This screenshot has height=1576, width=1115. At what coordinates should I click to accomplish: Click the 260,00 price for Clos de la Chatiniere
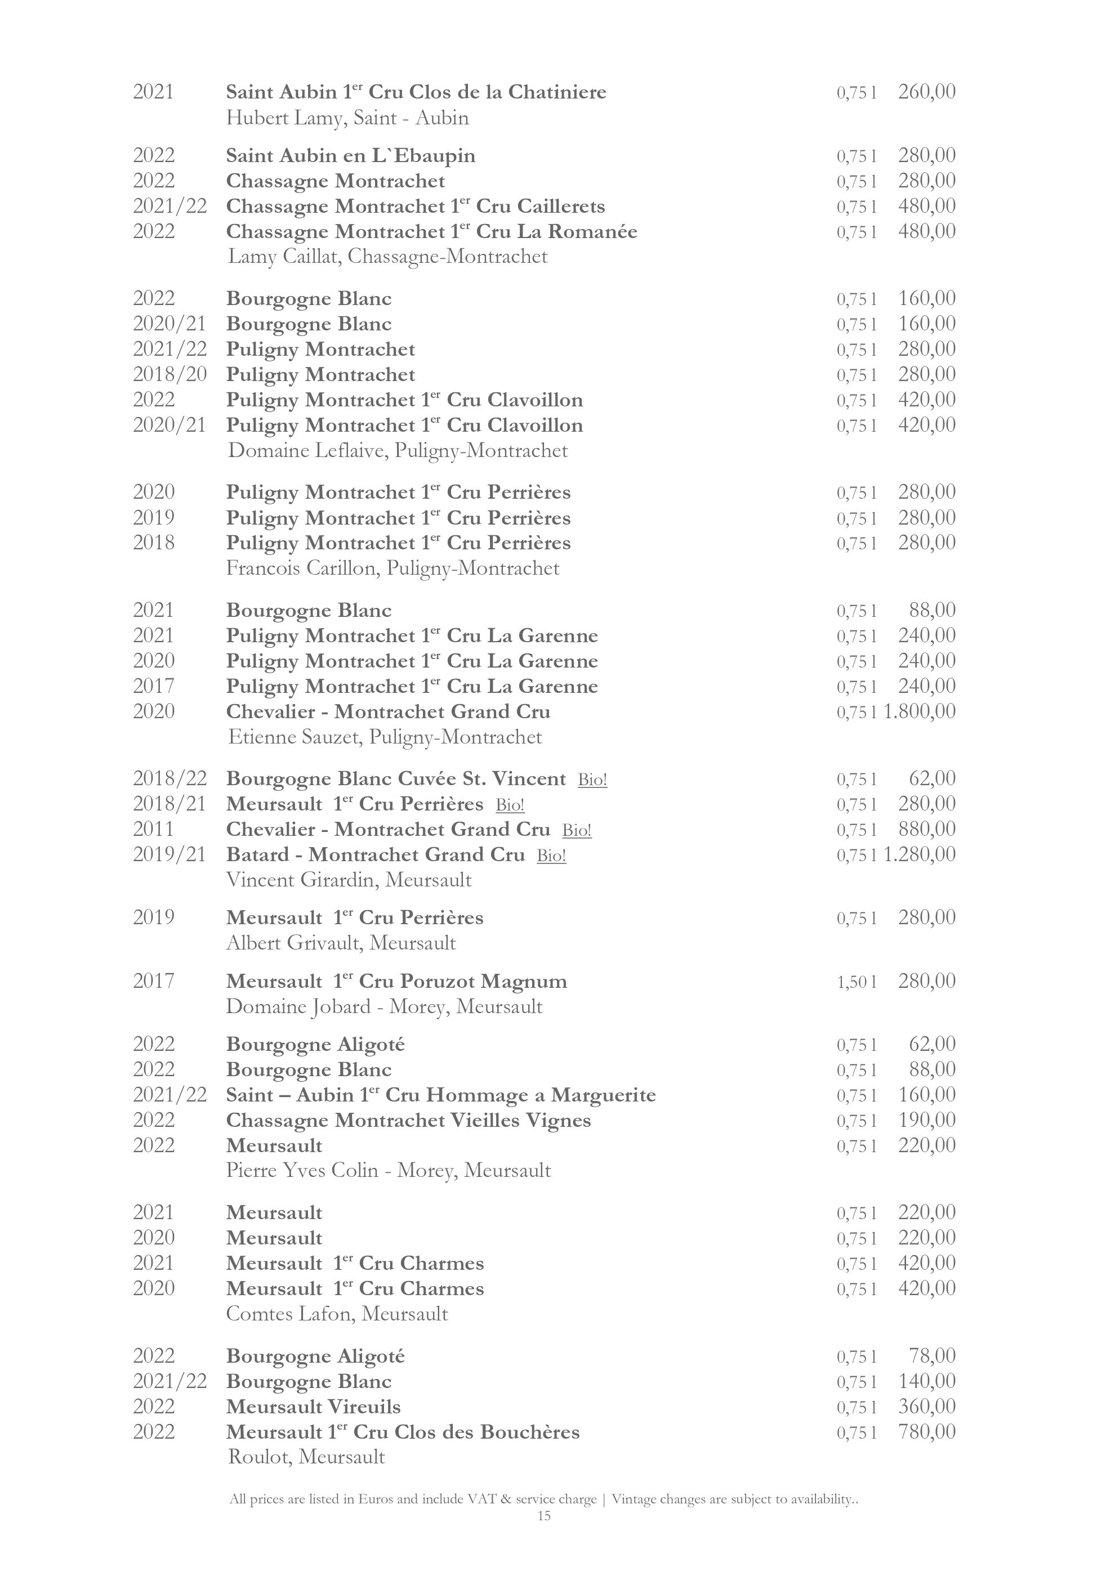pos(926,91)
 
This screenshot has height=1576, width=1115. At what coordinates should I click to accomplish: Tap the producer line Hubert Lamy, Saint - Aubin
pos(347,118)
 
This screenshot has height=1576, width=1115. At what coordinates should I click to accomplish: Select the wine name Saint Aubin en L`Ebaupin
pos(350,156)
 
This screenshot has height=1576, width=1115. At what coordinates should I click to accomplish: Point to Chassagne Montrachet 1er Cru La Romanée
pos(431,232)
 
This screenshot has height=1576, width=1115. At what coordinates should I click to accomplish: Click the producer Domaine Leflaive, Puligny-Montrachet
pos(398,451)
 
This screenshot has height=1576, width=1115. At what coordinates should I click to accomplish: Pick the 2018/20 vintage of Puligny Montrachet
pos(170,375)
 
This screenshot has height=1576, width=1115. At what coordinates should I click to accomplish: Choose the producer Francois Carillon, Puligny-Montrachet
pos(393,568)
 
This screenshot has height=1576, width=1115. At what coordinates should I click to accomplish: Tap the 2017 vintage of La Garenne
pos(154,686)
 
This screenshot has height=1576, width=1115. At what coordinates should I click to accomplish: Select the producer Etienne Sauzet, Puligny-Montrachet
pos(385,737)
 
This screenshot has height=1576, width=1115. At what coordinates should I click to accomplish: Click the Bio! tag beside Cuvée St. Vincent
pos(592,780)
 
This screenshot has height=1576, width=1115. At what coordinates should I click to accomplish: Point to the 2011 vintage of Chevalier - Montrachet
pos(154,829)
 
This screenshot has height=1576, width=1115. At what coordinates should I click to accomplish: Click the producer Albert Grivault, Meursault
pos(341,943)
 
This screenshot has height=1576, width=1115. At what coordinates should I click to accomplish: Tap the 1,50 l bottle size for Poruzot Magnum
pos(856,982)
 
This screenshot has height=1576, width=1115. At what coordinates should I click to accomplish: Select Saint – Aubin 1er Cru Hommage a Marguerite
pos(441,1095)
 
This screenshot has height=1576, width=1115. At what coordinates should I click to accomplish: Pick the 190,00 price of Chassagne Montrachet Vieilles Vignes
pos(926,1120)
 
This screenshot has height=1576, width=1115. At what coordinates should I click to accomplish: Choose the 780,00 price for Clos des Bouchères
pos(926,1432)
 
